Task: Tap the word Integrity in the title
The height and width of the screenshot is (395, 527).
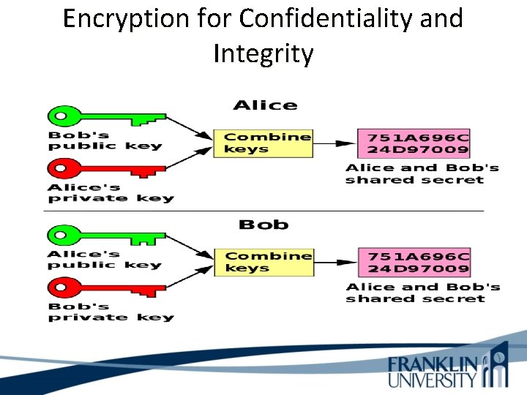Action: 263,53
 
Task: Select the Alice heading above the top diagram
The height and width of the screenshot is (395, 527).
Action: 265,105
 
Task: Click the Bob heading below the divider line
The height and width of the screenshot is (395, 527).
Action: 263,225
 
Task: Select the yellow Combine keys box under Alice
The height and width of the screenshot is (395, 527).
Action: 263,143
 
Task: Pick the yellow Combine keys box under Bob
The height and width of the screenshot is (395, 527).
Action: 263,262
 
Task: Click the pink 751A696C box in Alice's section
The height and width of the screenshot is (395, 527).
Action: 414,143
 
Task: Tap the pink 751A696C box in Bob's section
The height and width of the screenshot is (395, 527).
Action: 414,263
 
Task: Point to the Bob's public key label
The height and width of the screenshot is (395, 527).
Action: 105,140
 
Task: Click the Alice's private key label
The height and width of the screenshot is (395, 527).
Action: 111,192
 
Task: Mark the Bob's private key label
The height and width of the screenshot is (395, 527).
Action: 111,312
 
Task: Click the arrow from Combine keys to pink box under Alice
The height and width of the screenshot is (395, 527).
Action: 334,143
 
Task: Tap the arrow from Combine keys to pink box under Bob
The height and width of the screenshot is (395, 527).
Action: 334,263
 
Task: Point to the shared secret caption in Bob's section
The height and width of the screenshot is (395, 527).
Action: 422,293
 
